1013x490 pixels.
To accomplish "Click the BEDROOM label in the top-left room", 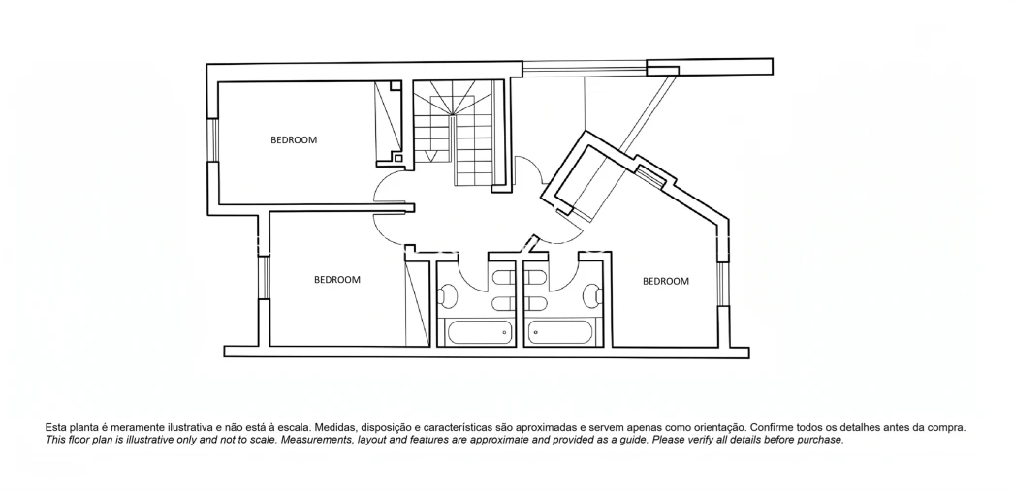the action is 294,139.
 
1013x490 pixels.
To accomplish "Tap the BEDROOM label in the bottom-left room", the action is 337,280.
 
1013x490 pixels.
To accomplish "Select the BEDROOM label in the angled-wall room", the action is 665,281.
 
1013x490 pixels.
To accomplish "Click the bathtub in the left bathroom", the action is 478,332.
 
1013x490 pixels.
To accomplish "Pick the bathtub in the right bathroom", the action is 559,332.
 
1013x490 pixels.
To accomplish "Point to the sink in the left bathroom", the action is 447,296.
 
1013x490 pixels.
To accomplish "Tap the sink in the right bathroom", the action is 592,296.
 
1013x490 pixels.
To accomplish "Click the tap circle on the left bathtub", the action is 505,333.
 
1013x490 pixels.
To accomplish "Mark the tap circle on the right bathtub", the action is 534,333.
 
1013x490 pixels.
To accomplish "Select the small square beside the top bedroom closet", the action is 398,158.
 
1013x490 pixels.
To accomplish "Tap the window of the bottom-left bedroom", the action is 263,278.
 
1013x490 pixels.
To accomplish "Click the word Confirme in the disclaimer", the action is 772,427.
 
